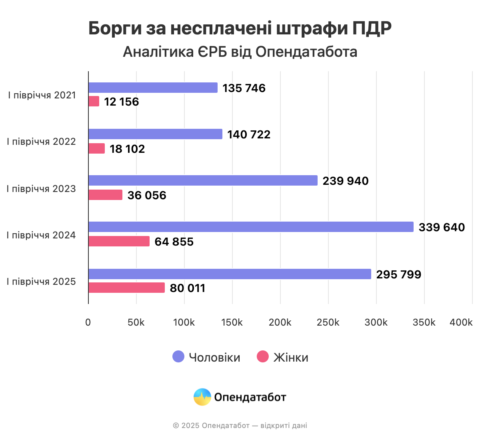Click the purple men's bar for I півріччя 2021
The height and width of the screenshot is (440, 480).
point(153,88)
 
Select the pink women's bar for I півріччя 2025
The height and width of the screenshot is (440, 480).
point(126,288)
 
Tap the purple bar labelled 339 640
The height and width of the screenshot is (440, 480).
point(251,227)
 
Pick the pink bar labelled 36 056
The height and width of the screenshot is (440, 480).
point(105,195)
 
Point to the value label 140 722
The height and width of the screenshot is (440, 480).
point(249,134)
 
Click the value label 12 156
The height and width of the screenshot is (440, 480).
point(121,102)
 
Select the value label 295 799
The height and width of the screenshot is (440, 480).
point(398,274)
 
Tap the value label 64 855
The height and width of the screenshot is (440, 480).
point(174,242)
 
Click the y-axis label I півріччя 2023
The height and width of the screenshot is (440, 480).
point(41,189)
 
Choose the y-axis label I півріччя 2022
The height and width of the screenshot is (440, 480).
point(41,142)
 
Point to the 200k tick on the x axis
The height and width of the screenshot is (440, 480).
point(280,322)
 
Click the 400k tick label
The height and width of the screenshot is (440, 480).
point(461,322)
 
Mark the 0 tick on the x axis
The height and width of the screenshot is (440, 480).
point(88,322)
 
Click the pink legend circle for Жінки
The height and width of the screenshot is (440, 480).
point(263,356)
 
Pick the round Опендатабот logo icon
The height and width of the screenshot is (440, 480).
point(202,397)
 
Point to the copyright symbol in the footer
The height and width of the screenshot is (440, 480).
point(176,426)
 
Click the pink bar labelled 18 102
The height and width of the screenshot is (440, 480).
point(96,148)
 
